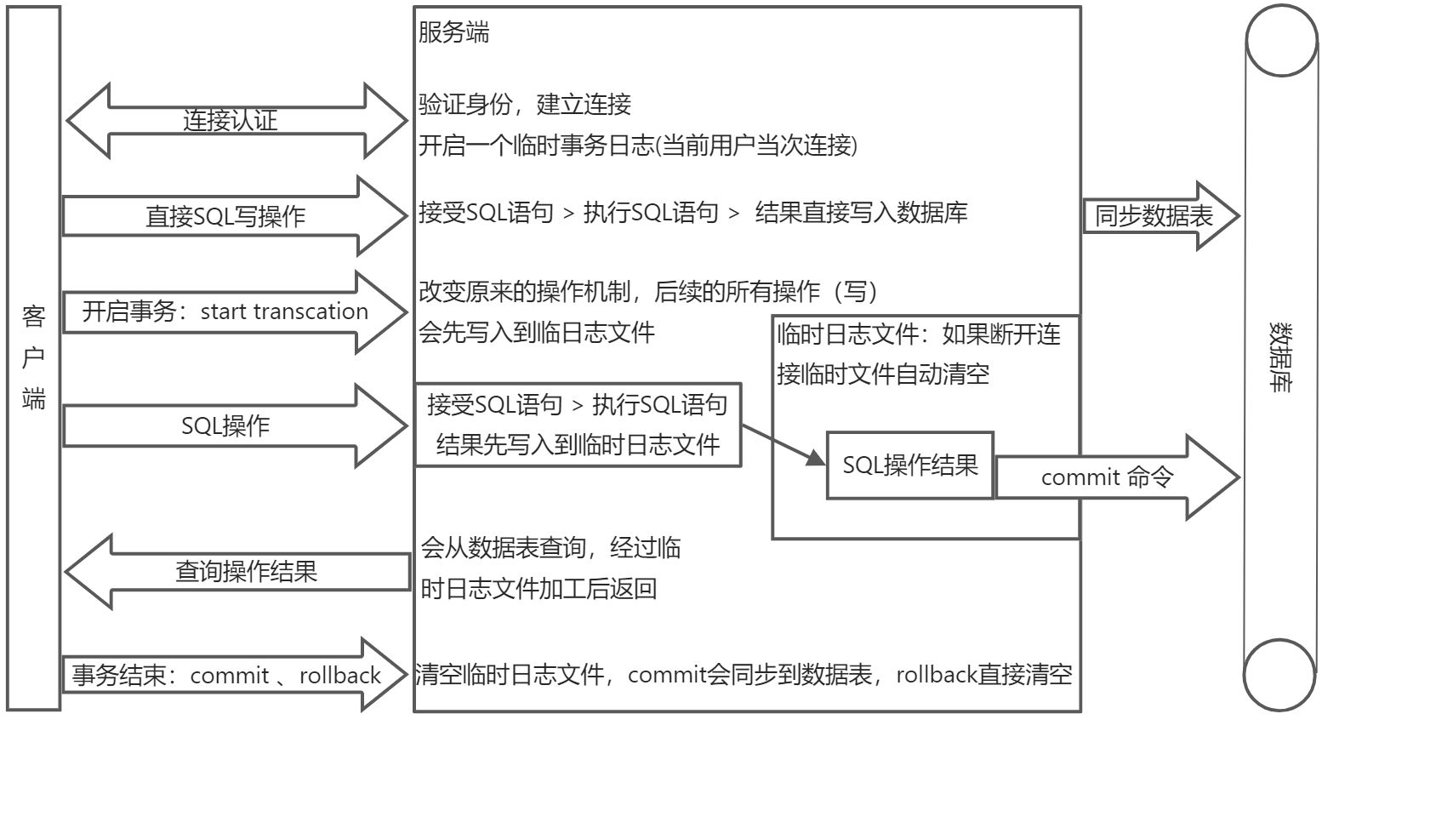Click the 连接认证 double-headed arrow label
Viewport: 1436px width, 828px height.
pyautogui.click(x=230, y=120)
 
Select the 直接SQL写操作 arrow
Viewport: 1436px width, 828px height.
pyautogui.click(x=225, y=216)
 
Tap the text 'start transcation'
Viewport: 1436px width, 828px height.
pyautogui.click(x=284, y=311)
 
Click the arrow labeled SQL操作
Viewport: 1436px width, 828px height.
pyautogui.click(x=225, y=425)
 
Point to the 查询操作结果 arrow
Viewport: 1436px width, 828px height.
pyautogui.click(x=246, y=571)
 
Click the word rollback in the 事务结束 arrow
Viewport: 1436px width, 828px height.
pyautogui.click(x=339, y=676)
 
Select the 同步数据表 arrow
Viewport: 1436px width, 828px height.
pyautogui.click(x=1154, y=216)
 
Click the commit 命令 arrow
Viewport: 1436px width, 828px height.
pyautogui.click(x=1107, y=477)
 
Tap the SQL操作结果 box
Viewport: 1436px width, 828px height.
pyautogui.click(x=909, y=465)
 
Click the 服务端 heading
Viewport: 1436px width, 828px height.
pyautogui.click(x=453, y=33)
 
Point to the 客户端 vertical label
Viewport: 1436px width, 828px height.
pyautogui.click(x=33, y=357)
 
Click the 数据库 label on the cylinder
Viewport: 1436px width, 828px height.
pyautogui.click(x=1280, y=357)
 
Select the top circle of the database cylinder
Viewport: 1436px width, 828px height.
pyautogui.click(x=1281, y=41)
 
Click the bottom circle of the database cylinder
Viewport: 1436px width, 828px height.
pyautogui.click(x=1279, y=675)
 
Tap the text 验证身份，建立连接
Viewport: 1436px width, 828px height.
pyautogui.click(x=524, y=105)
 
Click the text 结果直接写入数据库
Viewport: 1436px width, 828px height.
pyautogui.click(x=861, y=213)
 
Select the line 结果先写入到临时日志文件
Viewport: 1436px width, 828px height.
pyautogui.click(x=578, y=444)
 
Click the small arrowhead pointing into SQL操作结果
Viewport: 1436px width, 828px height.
pyautogui.click(x=814, y=458)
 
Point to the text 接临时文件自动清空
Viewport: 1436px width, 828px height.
pyautogui.click(x=883, y=374)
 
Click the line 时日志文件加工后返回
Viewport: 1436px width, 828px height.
pyautogui.click(x=538, y=588)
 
